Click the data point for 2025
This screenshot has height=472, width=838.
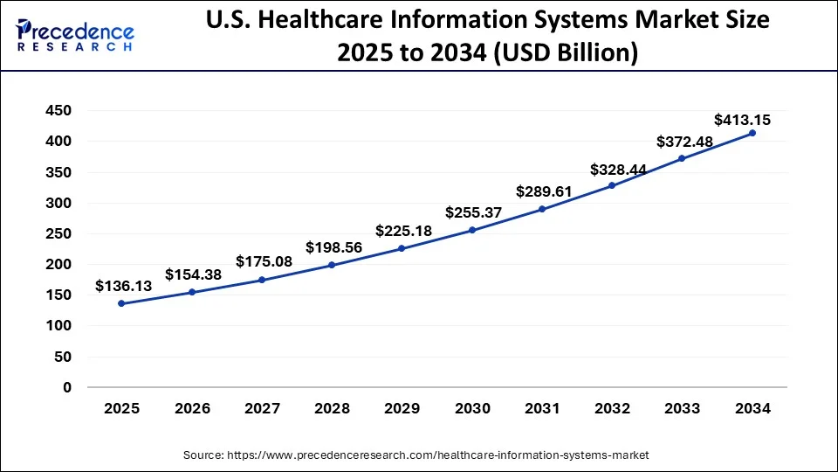tap(121, 303)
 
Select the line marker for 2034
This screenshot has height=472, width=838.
tap(752, 133)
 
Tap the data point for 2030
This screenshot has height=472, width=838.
tap(472, 230)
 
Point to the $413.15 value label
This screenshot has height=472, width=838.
tap(742, 119)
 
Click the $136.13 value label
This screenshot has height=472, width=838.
tap(123, 286)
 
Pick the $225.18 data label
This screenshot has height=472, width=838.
tap(403, 231)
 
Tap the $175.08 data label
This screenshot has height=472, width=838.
tap(263, 261)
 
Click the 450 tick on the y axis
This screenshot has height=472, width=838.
tap(59, 111)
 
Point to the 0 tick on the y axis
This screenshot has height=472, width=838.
tap(66, 387)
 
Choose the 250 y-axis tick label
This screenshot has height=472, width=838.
tap(59, 233)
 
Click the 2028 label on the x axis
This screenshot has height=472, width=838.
tap(332, 408)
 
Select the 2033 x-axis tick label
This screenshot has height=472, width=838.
tap(683, 408)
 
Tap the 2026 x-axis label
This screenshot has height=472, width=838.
tap(192, 408)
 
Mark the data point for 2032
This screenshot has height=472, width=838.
tap(613, 185)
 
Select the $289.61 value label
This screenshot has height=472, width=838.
tap(544, 191)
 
